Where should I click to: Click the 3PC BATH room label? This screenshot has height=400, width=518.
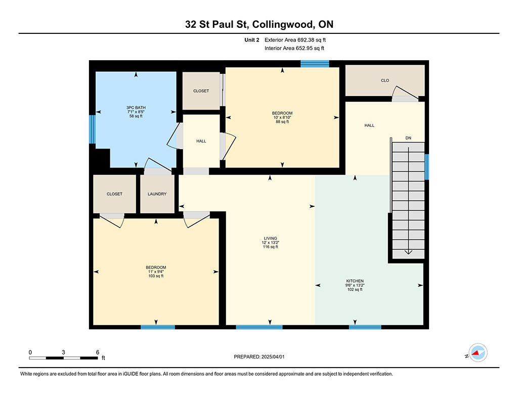pos(136,108)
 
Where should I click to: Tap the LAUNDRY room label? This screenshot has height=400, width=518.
pos(157,194)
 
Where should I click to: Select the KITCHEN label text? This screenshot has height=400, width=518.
pos(355,281)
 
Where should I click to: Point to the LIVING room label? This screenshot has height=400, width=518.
pos(270,238)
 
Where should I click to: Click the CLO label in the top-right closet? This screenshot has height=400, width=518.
pos(385,80)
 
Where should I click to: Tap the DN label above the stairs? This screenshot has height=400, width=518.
pos(408,138)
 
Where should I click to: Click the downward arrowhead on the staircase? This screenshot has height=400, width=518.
pos(409,252)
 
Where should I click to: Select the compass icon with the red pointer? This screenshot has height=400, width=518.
pos(478,352)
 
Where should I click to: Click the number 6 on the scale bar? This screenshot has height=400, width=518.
pos(98,352)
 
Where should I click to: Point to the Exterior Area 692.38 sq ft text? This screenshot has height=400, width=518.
pos(295,40)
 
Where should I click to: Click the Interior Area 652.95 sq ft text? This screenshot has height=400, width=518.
pos(294,48)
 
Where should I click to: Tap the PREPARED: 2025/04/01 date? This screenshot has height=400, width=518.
pos(259,357)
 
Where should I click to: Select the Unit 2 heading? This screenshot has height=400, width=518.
pos(252,40)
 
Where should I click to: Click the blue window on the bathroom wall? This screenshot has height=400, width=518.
pos(92,129)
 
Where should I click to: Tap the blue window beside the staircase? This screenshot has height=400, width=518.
pos(426,167)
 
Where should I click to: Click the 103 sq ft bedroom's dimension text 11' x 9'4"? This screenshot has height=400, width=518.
pos(156,272)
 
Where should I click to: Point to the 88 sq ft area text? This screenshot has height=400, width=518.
pos(282,121)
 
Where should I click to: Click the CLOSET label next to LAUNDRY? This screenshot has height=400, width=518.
pos(114,194)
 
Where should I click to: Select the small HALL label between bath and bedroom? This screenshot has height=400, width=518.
pos(201,141)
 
